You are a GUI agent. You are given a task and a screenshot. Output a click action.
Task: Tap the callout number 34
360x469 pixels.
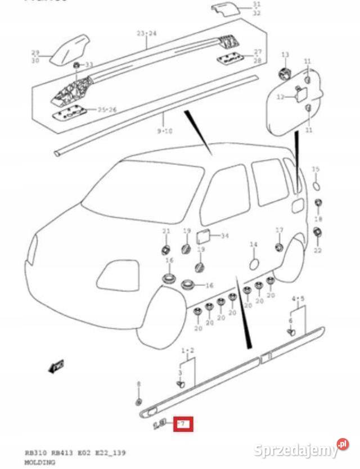[x=224, y=236]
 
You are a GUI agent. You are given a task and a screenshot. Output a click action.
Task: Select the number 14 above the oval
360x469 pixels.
[x=253, y=245]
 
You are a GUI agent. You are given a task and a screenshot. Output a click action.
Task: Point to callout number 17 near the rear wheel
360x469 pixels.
[x=279, y=230]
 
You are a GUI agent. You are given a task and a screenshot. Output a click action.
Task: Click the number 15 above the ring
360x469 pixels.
[x=316, y=169]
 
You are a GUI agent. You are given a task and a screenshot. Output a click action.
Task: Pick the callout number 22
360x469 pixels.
[x=317, y=250]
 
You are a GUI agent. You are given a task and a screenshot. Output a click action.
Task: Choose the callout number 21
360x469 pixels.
[x=165, y=231]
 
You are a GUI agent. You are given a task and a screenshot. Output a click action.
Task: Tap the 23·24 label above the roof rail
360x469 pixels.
[x=147, y=34]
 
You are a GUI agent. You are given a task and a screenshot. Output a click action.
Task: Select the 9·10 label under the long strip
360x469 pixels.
[x=164, y=130]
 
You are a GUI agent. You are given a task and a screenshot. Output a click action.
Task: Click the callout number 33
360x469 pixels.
[x=89, y=65]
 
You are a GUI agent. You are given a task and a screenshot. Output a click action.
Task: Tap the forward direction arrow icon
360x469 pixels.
[x=57, y=366]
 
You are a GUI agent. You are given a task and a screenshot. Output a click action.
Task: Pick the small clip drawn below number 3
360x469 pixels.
[x=181, y=384]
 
